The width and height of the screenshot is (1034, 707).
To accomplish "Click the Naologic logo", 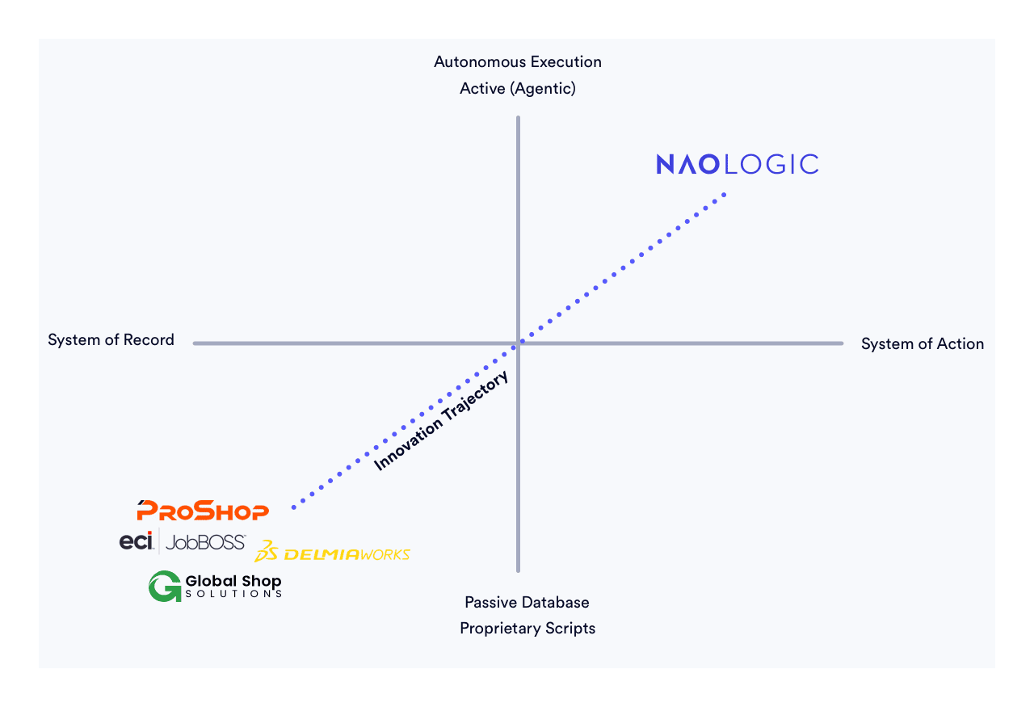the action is pos(737,164).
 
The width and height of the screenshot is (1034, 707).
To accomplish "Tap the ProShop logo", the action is pos(203,511).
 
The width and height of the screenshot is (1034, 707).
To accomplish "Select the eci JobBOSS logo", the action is pos(183,542).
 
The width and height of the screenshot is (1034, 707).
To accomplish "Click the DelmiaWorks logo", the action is pos(332,553).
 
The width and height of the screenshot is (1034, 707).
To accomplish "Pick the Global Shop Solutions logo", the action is pos(215,586).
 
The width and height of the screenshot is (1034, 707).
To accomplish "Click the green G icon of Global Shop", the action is pos(165,586).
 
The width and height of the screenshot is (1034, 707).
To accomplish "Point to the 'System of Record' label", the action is pos(111,340).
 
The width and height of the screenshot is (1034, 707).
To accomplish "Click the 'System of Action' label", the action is pos(922,344).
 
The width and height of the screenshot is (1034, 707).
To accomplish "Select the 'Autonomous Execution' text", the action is pos(518,62).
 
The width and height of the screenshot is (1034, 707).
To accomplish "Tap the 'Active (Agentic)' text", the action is pos(518,89).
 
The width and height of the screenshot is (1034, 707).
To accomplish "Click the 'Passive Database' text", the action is pos(527,603).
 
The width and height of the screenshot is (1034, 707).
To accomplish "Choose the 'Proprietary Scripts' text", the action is pos(528,629).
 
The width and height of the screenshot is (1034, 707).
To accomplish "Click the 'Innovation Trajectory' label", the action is pos(442,421).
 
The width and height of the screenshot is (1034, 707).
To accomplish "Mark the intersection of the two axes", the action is pos(518,343).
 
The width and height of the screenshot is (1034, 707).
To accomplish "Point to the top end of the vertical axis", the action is pos(518,119).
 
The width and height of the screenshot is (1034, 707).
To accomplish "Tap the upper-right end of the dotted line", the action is pos(724,195).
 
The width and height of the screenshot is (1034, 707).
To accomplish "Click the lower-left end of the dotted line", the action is pos(294,507).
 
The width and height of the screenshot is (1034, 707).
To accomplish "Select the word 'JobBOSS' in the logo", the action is pos(205,542).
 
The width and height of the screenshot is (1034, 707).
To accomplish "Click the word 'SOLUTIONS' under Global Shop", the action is pos(233,594).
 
